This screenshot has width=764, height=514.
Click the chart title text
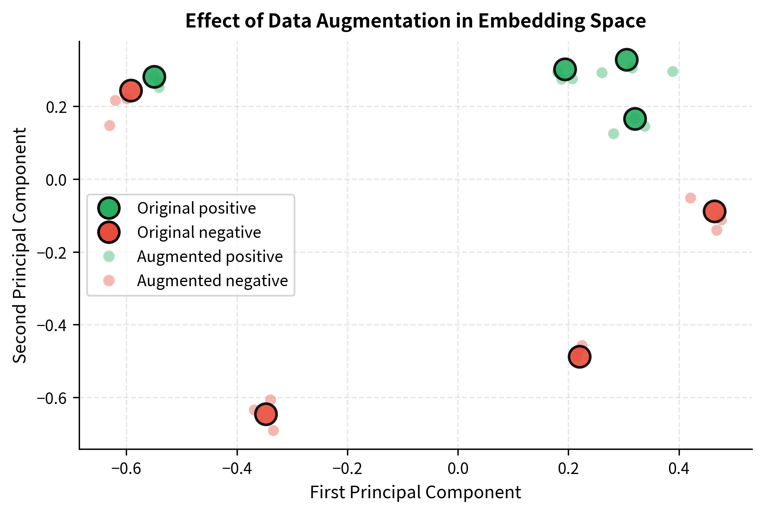[x=415, y=21]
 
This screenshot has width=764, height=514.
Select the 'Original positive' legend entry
[x=196, y=208]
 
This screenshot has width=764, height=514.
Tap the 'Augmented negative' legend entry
[x=212, y=281]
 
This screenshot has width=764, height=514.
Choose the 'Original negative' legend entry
[x=199, y=232]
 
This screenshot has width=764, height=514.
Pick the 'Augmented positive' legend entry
[x=210, y=257]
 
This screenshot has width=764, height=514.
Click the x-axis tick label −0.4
[x=237, y=468]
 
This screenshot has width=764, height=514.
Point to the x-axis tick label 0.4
[x=679, y=468]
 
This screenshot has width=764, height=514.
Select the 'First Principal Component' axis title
[x=415, y=492]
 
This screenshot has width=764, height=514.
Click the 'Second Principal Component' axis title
[x=20, y=245]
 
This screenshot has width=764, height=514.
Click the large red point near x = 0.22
[x=579, y=357]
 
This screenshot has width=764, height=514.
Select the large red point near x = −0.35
[x=266, y=414]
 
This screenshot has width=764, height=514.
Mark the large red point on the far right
[x=714, y=211]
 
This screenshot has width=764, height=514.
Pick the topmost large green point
[x=626, y=60]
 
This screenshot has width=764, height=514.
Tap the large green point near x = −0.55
[x=154, y=77]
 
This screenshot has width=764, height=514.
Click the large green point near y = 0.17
[x=635, y=119]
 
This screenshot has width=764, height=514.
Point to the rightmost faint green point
[x=673, y=72]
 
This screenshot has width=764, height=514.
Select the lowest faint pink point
[x=273, y=430]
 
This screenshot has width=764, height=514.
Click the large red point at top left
[x=131, y=90]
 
